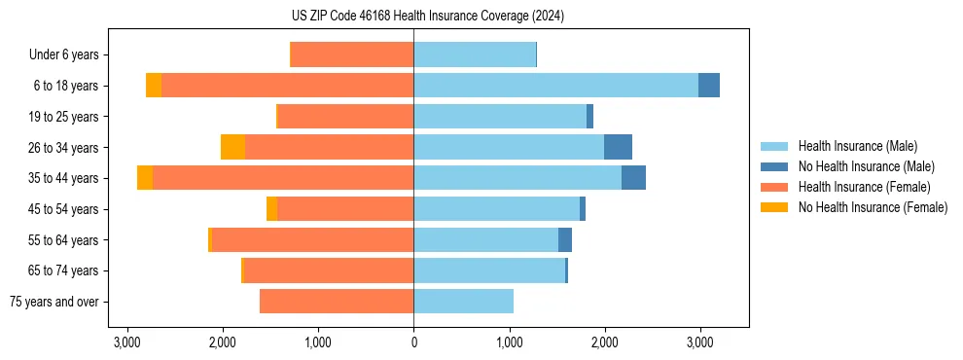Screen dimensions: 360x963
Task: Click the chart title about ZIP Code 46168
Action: (x=427, y=16)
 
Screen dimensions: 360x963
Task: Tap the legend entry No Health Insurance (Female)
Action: (x=873, y=207)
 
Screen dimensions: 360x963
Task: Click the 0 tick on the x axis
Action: (x=413, y=342)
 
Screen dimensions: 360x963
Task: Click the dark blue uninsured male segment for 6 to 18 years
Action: (x=709, y=86)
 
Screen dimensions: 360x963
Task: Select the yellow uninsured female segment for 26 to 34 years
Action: (x=232, y=147)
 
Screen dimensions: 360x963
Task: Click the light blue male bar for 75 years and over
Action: (x=463, y=302)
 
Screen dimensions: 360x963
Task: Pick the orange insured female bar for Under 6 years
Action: (x=352, y=54)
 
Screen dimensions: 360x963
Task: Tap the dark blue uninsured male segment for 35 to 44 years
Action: (x=633, y=178)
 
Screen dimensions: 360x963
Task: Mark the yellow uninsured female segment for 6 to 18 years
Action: (x=154, y=86)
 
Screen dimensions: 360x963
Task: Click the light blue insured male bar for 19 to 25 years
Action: (x=500, y=117)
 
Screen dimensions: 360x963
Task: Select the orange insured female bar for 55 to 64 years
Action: (x=312, y=239)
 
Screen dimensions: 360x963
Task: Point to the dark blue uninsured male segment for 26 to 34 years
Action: (x=618, y=147)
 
